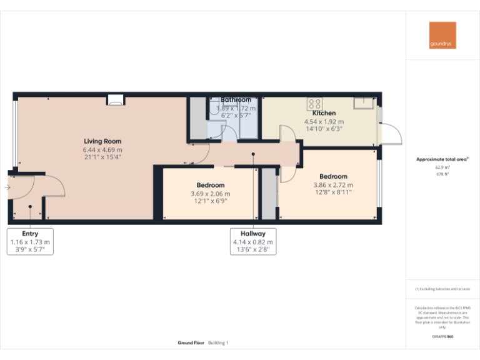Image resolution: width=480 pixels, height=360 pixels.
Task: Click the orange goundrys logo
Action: pos(442,35)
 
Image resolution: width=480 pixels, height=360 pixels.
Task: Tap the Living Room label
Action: pos(102,141)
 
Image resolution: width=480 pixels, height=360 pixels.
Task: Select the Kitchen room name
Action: pos(324,113)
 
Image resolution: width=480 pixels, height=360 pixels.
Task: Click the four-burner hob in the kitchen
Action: pos(314,104)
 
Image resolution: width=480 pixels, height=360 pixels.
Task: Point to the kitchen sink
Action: pos(362,103)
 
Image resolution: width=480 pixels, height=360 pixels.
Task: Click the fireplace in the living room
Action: pos(115,99)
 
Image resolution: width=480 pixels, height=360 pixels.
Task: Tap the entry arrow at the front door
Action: pos(6,187)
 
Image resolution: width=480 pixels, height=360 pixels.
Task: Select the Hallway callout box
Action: pos(253,242)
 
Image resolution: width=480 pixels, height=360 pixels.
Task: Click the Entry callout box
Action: pos(30,242)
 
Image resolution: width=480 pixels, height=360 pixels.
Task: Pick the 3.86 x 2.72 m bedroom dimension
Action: pos(333,185)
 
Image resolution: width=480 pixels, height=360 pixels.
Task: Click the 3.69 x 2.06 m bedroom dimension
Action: pos(211,194)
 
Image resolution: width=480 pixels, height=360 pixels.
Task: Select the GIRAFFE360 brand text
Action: pos(442,337)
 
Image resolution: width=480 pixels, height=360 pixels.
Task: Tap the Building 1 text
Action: pos(219,343)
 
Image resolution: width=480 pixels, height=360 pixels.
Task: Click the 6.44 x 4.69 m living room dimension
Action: pos(102,150)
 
